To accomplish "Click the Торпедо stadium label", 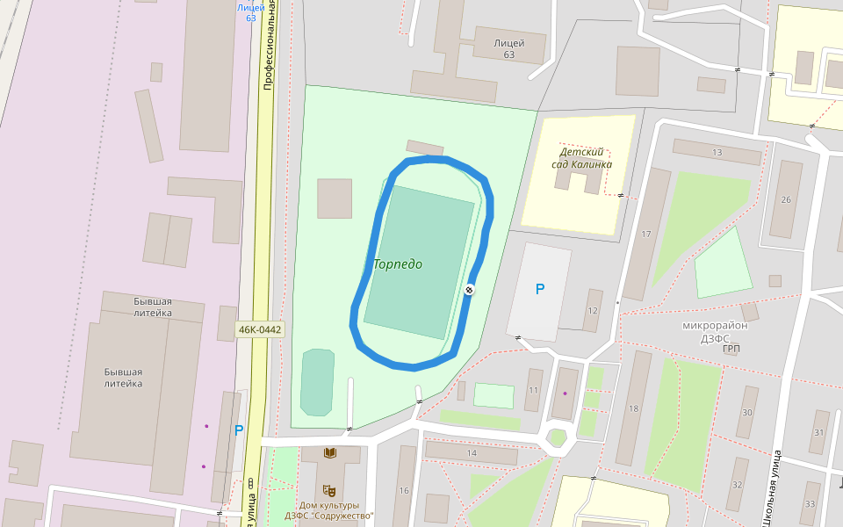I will coord(398,264).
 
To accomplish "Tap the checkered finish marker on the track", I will coord(470,290).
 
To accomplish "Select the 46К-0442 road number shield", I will coord(260,330).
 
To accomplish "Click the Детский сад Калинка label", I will coord(580,158).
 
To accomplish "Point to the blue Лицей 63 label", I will coord(251,12).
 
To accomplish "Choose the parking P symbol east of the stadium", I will coord(540,289).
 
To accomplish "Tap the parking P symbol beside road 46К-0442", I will coord(239,430).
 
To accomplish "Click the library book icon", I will coord(330,452).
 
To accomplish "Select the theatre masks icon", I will coord(329,490).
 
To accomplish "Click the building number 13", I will coord(717,153).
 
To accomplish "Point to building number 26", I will coord(786,199).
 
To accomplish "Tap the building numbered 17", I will coord(646,235).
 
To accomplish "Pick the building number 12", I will coord(593,311).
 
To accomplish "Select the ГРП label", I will coord(731,349).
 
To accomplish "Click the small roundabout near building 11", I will coord(558,437).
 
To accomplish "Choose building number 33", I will coord(810,504).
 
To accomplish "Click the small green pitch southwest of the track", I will coord(317,382).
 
